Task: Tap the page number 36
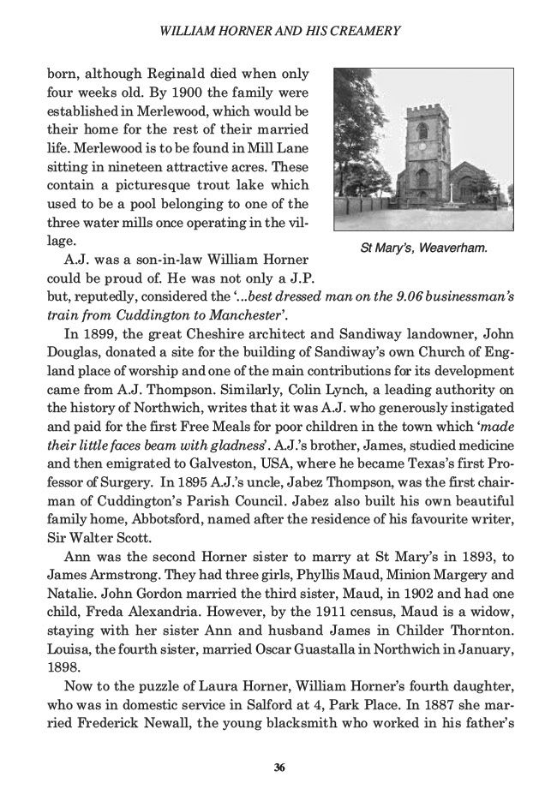(x=278, y=766)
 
